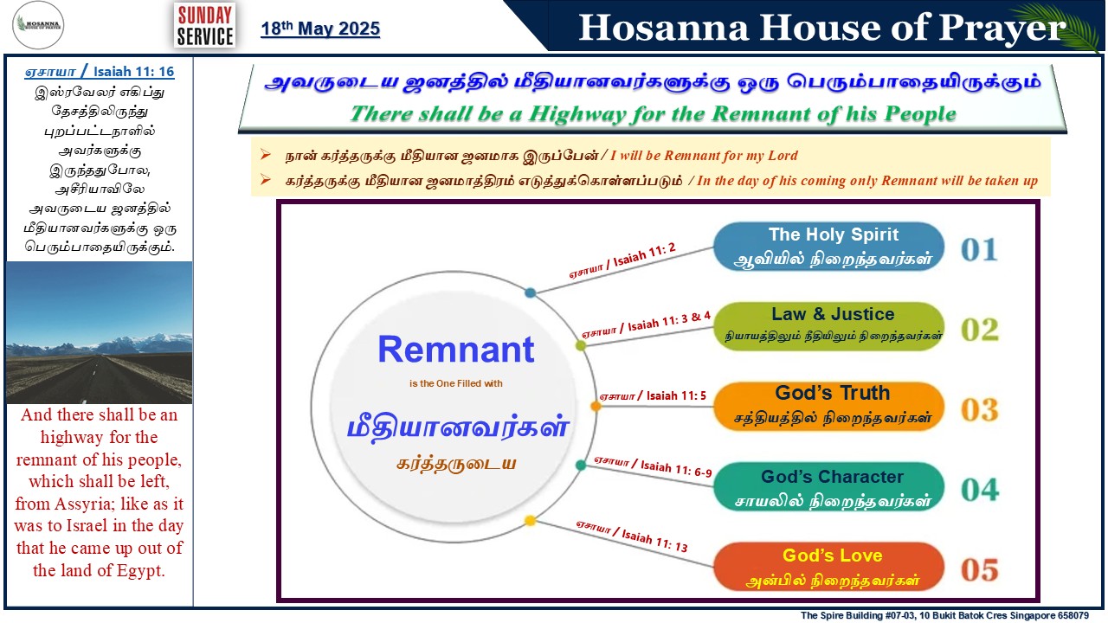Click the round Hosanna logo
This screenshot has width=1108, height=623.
coord(38,25)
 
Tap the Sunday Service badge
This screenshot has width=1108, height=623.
coord(205,25)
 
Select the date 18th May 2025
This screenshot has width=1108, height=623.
coord(320,29)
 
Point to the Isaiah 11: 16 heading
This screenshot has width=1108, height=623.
coord(100,72)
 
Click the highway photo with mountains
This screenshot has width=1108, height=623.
coord(99,333)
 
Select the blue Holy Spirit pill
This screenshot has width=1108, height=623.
coord(828,247)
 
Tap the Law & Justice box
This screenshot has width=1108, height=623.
coord(828,326)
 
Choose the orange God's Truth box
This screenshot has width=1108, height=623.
coord(828,407)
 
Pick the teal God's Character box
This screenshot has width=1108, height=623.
coord(828,486)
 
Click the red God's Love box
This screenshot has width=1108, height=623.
coord(828,567)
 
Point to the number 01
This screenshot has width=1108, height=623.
coord(979,250)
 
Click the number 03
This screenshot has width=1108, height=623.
coord(980,410)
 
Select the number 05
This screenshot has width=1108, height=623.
coord(980,570)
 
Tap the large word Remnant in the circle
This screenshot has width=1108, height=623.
coord(456,350)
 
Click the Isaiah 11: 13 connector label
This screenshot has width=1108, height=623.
coord(632,536)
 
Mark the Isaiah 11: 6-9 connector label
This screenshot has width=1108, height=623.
coord(653,466)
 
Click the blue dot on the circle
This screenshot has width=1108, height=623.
coord(531,292)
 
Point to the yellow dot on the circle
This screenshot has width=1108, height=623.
coord(530,521)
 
